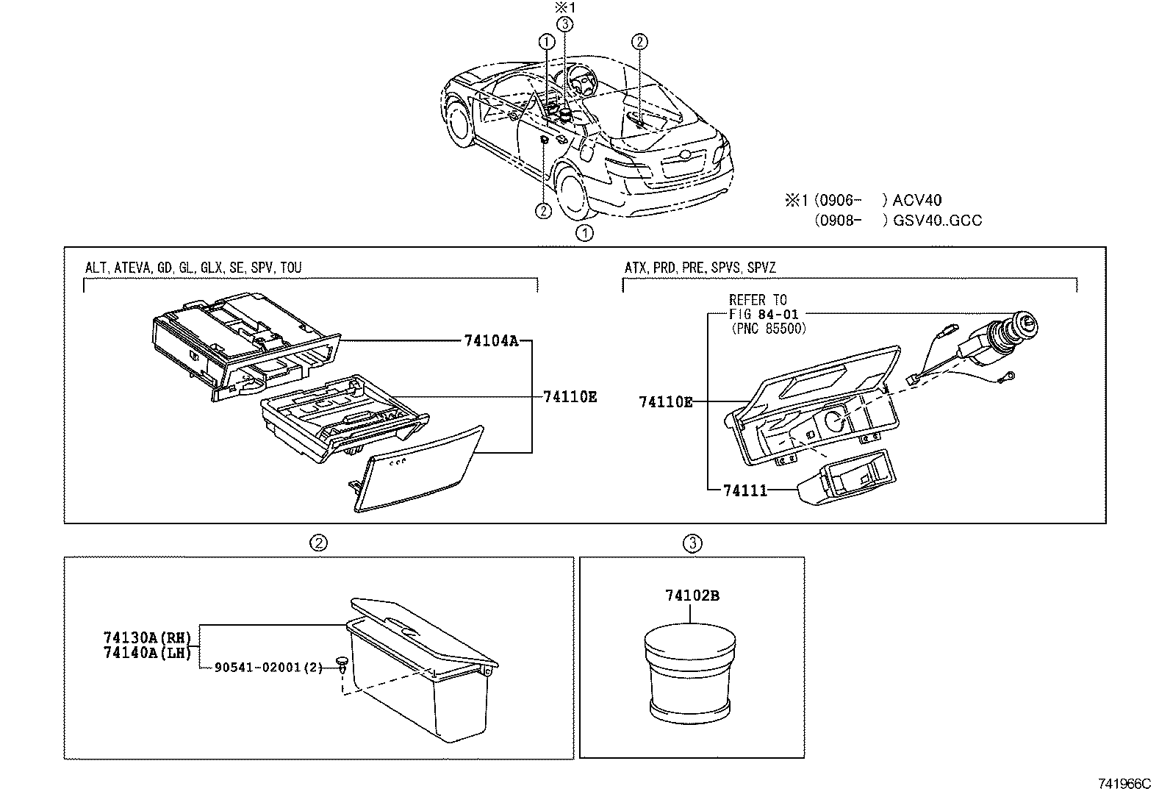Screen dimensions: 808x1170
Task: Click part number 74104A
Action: [x=491, y=340]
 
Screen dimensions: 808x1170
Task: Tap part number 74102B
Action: [x=692, y=596]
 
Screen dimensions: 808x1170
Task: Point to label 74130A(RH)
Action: [x=147, y=637]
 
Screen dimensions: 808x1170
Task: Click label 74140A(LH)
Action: [x=147, y=652]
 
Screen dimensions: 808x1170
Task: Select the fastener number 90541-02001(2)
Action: [x=268, y=668]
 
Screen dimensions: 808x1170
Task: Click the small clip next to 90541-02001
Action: [x=342, y=664]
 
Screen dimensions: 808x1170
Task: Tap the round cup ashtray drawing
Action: [x=690, y=673]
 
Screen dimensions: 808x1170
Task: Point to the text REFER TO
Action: [x=757, y=300]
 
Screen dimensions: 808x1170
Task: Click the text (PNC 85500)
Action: [x=769, y=329]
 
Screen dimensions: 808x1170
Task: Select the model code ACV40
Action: [x=917, y=200]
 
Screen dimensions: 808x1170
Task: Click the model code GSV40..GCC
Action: [x=937, y=220]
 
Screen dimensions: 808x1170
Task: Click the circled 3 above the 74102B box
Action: [x=692, y=543]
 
